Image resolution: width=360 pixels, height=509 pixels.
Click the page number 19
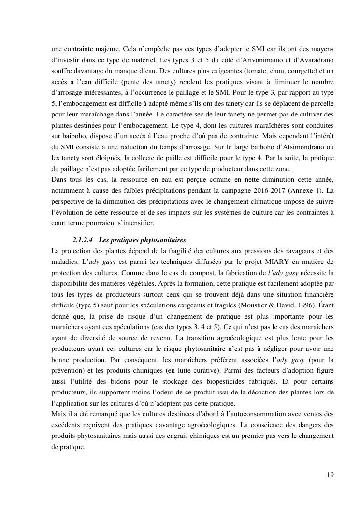tap(330, 475)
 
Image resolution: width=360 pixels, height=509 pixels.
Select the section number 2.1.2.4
tap(83, 240)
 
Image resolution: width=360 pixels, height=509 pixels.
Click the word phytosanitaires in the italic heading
tap(163, 240)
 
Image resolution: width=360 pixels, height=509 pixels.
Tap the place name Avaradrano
tap(314, 60)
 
